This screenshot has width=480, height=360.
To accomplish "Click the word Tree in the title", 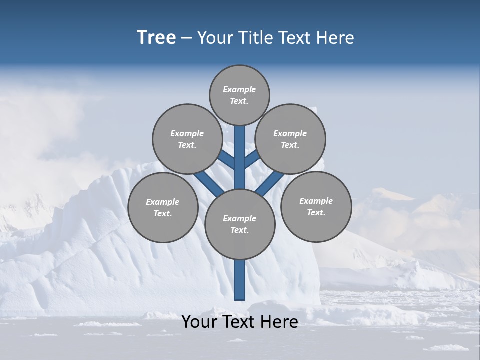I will click(x=156, y=38).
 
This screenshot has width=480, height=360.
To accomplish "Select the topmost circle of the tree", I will click(x=239, y=95).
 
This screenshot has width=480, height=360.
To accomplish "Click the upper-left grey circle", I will click(x=187, y=139).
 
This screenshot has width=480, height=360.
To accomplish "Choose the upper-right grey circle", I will click(x=290, y=139).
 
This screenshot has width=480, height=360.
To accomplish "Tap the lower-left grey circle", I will click(x=163, y=208).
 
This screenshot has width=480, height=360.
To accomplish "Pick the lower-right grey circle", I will click(x=316, y=207).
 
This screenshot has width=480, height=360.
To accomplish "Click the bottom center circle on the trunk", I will click(x=240, y=224).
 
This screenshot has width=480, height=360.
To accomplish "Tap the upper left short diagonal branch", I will click(x=227, y=160).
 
